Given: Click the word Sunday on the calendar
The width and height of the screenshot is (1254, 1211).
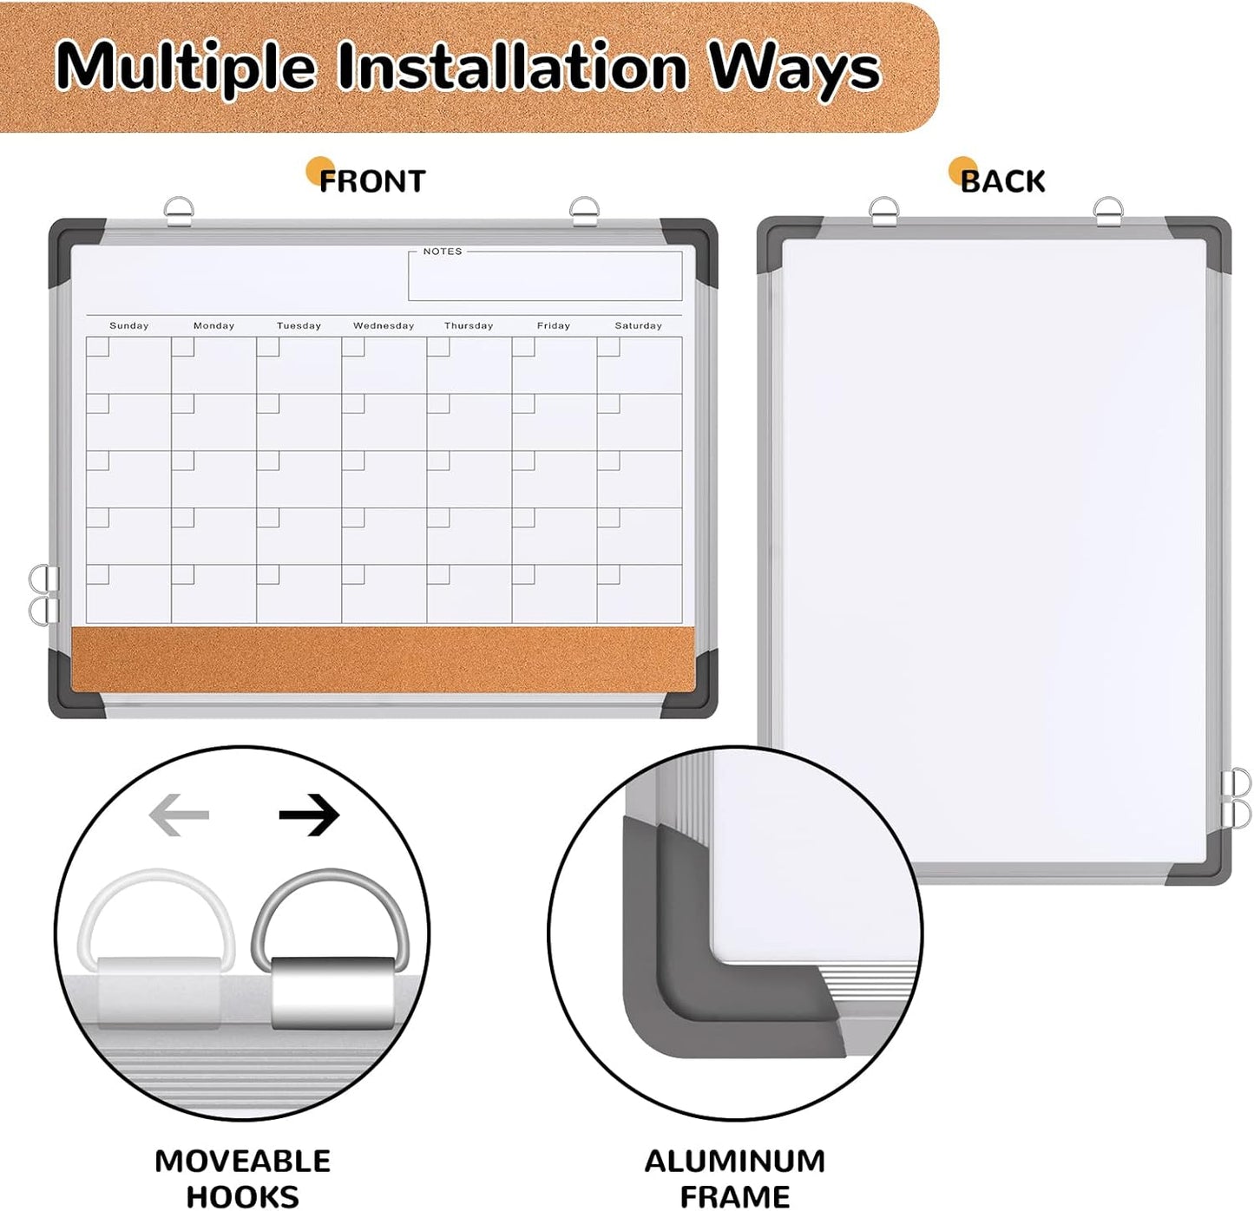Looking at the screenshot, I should [x=128, y=325].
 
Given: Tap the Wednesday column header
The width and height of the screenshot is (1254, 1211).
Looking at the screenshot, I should [x=384, y=325].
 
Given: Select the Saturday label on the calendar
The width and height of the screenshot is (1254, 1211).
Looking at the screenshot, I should [x=638, y=325].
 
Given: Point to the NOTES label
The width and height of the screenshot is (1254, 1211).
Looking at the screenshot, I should [x=443, y=252].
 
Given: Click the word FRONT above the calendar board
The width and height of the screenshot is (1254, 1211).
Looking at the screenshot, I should [x=372, y=181].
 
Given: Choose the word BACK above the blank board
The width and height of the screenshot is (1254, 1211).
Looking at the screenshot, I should [x=1003, y=181].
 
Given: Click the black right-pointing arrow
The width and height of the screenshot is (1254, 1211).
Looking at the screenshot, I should [x=309, y=815].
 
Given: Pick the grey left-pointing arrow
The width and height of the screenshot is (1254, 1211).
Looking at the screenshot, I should [x=180, y=815].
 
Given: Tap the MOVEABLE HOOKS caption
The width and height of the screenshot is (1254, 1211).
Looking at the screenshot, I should [x=242, y=1177].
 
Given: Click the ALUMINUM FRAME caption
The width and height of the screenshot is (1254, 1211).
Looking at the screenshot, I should [x=734, y=1177].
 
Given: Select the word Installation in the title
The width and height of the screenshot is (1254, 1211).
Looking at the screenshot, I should [x=512, y=66].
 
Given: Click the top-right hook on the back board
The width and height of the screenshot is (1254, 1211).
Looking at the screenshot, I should [x=1108, y=212].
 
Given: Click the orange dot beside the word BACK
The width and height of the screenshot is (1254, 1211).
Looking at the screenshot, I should [x=961, y=168].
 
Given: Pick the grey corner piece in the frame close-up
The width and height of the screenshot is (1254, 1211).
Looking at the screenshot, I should [x=686, y=980].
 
